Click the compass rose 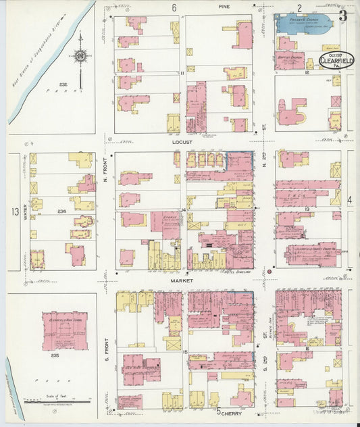(81, 55)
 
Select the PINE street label (224, 6)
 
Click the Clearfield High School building (65, 330)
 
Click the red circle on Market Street (269, 271)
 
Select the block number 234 (61, 211)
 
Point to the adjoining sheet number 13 (15, 212)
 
